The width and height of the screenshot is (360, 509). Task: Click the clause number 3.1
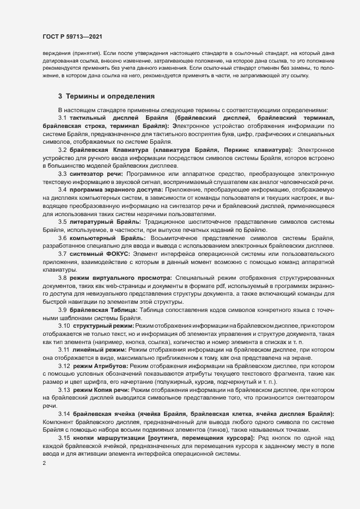63,118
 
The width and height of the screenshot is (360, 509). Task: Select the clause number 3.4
63,203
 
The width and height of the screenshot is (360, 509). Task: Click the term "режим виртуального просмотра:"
120,294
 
